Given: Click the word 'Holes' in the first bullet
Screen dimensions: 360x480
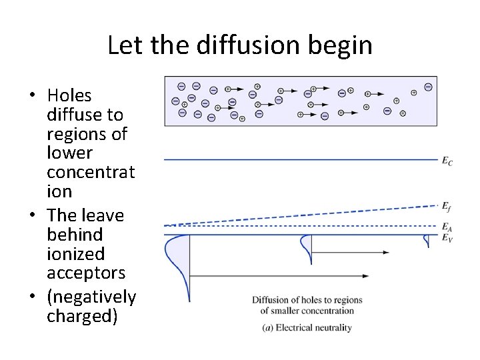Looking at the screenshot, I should [x=69, y=96].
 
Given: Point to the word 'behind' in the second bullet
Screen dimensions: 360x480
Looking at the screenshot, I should [x=75, y=235].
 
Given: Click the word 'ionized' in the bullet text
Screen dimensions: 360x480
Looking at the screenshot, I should [x=75, y=254].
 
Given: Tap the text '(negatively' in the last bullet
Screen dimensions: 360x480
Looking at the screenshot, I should [x=91, y=297].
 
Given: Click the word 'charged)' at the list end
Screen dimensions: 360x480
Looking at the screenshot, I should [x=82, y=315].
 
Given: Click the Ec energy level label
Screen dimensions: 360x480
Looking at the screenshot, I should [x=447, y=161].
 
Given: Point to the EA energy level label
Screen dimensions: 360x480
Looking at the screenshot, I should [x=447, y=227].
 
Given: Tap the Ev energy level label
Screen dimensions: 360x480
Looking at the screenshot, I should [x=447, y=238].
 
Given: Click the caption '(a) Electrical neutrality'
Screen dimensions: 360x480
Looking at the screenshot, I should [x=307, y=327].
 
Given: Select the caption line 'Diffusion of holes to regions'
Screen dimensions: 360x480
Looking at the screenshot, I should [x=307, y=300].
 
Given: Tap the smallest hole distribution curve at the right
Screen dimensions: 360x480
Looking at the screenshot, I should [x=427, y=241].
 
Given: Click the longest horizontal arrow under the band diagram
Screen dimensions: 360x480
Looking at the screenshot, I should [x=280, y=275].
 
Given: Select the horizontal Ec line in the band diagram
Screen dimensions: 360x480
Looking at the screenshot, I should [x=300, y=159].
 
